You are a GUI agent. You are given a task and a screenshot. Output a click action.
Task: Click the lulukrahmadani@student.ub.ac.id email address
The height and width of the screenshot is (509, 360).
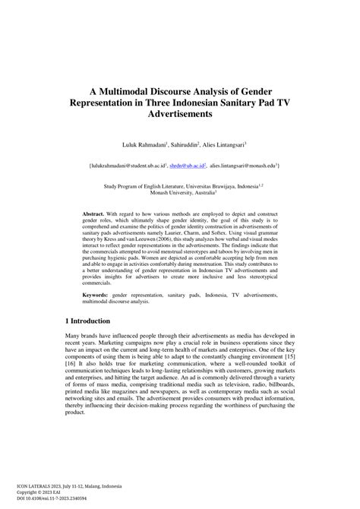(x=124, y=163)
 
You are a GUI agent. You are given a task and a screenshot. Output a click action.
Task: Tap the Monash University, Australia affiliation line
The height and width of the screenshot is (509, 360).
(x=179, y=192)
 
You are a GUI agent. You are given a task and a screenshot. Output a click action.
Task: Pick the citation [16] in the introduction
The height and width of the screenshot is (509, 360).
(x=71, y=365)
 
